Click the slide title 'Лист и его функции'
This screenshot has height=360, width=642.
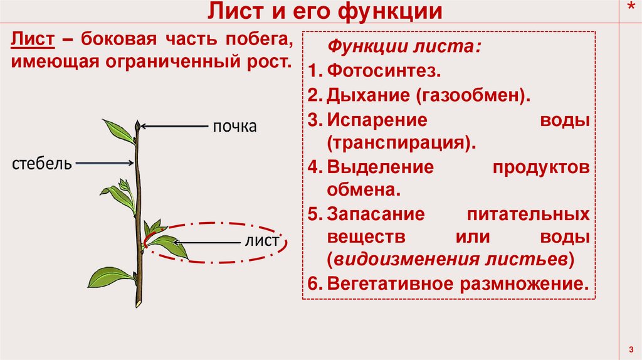[x=325, y=12]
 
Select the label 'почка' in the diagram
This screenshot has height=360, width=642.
[x=234, y=127]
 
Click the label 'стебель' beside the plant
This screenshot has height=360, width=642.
[x=41, y=164]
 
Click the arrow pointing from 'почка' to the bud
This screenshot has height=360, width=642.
[x=175, y=126]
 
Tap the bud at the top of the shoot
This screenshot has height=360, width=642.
[x=137, y=126]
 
